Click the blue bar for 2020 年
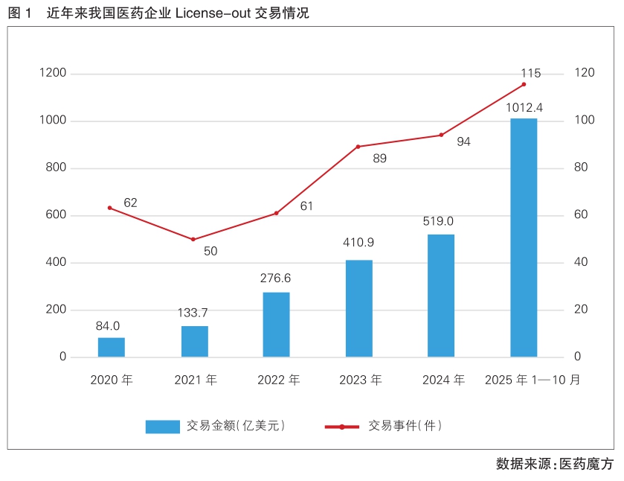pos(112,348)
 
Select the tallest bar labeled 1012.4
pos(524,238)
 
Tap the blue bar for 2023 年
pos(359,308)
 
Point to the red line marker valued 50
pos(193,239)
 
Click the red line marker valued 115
pos(524,84)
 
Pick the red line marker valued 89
pos(358,147)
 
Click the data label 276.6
pos(276,278)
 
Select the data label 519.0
pos(441,221)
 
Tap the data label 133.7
pos(194,312)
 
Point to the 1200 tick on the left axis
pos(53,73)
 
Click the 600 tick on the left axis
pos(57,215)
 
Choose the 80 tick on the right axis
pos(581,168)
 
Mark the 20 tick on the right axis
pos(581,310)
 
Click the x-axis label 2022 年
pos(278,380)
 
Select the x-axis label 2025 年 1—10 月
pos(532,380)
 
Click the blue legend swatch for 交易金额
pos(162,427)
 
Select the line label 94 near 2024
pos(464,141)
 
